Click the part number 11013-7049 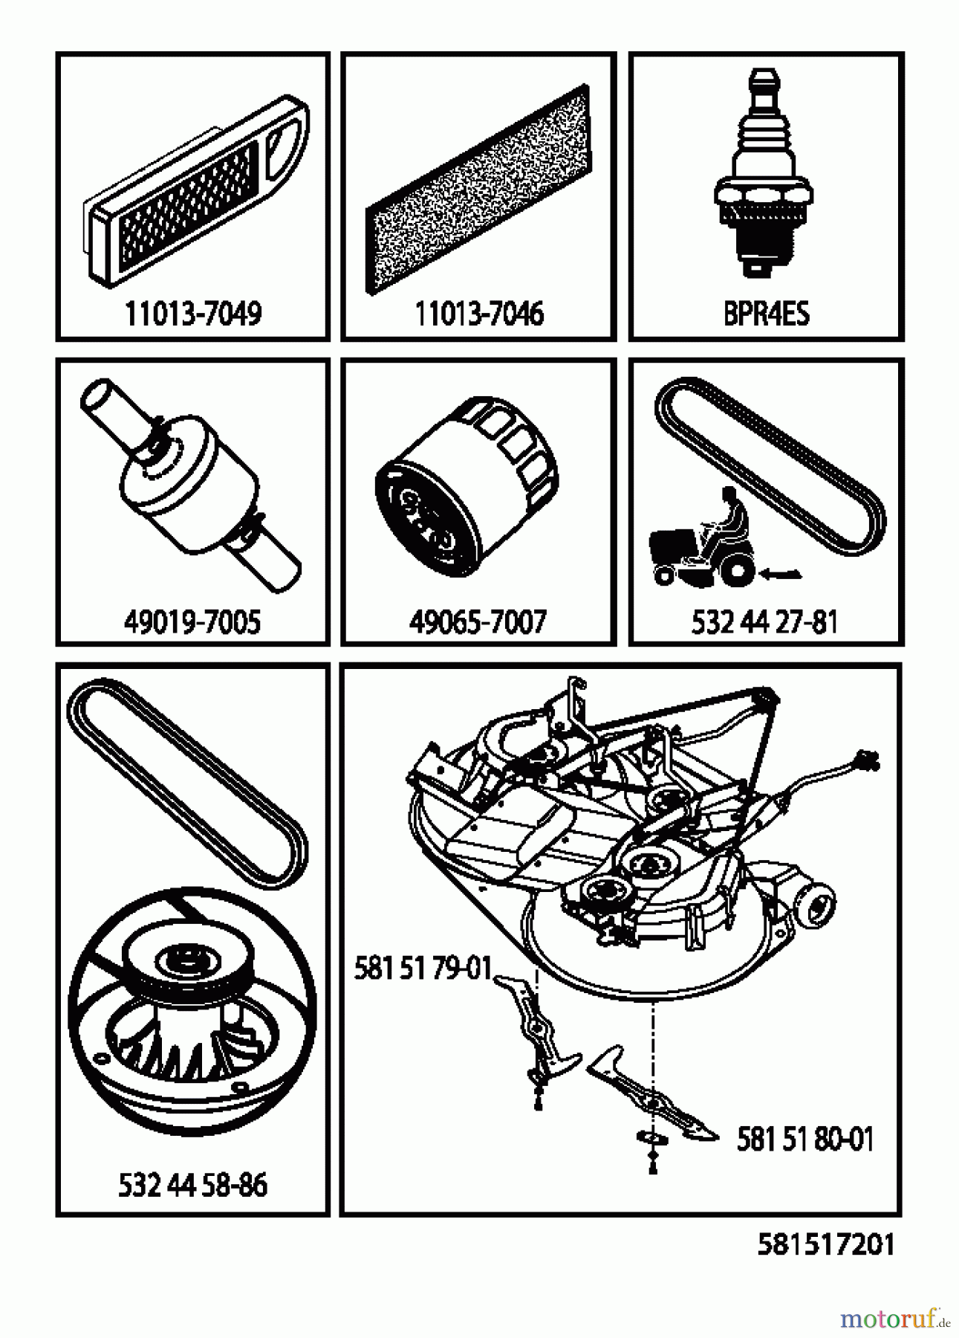point(193,314)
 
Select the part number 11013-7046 point(478,314)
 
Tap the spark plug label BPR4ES point(766,314)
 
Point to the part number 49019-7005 point(192,621)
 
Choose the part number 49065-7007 point(478,621)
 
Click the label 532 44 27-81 point(764,621)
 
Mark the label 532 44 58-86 point(192,1185)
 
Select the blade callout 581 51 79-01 point(423,969)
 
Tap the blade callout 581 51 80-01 point(805,1139)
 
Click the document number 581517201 point(826,1244)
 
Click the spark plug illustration point(761,174)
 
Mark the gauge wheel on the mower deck point(816,905)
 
